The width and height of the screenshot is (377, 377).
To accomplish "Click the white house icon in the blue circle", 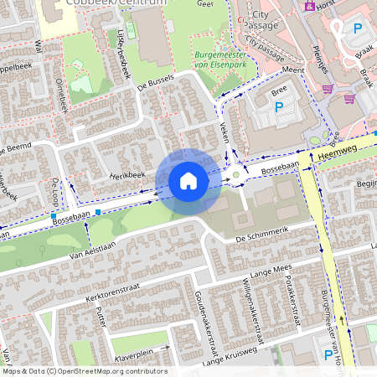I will click(188, 181).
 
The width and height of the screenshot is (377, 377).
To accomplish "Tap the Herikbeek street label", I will click(127, 174).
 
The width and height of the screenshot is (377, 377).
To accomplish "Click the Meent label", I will click(293, 71).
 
